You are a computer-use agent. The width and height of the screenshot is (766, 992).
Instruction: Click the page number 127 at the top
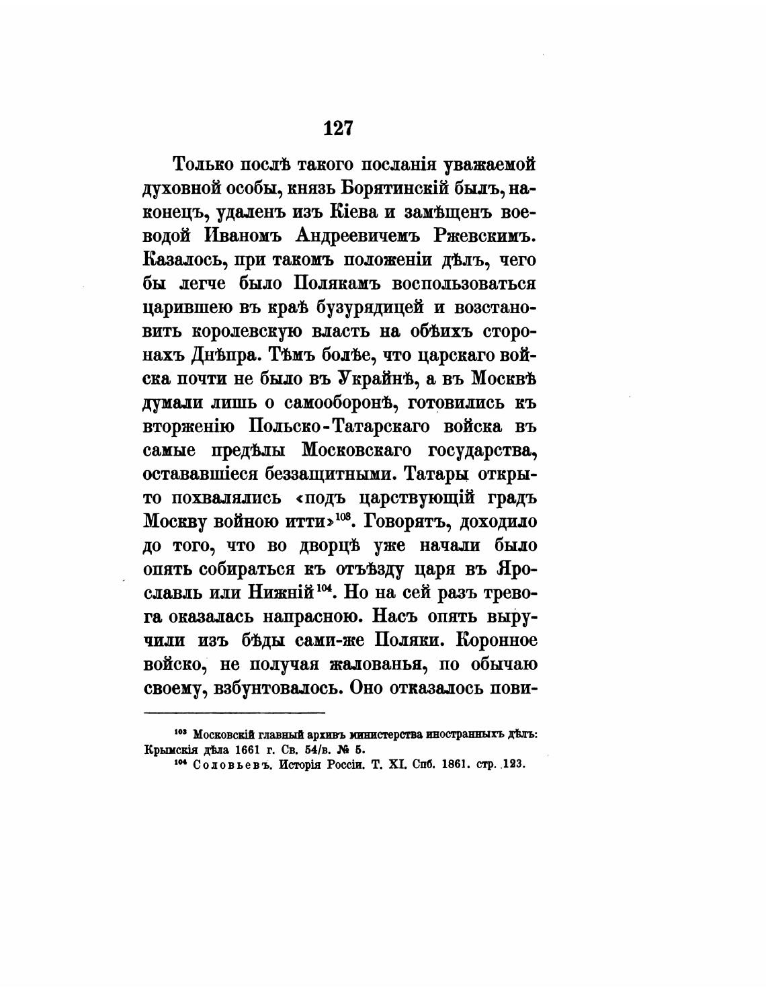pyautogui.click(x=337, y=128)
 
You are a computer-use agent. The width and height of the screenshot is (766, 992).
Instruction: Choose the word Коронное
pyautogui.click(x=496, y=640)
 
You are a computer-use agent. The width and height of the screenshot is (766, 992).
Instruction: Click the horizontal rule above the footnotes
pyautogui.click(x=235, y=712)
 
